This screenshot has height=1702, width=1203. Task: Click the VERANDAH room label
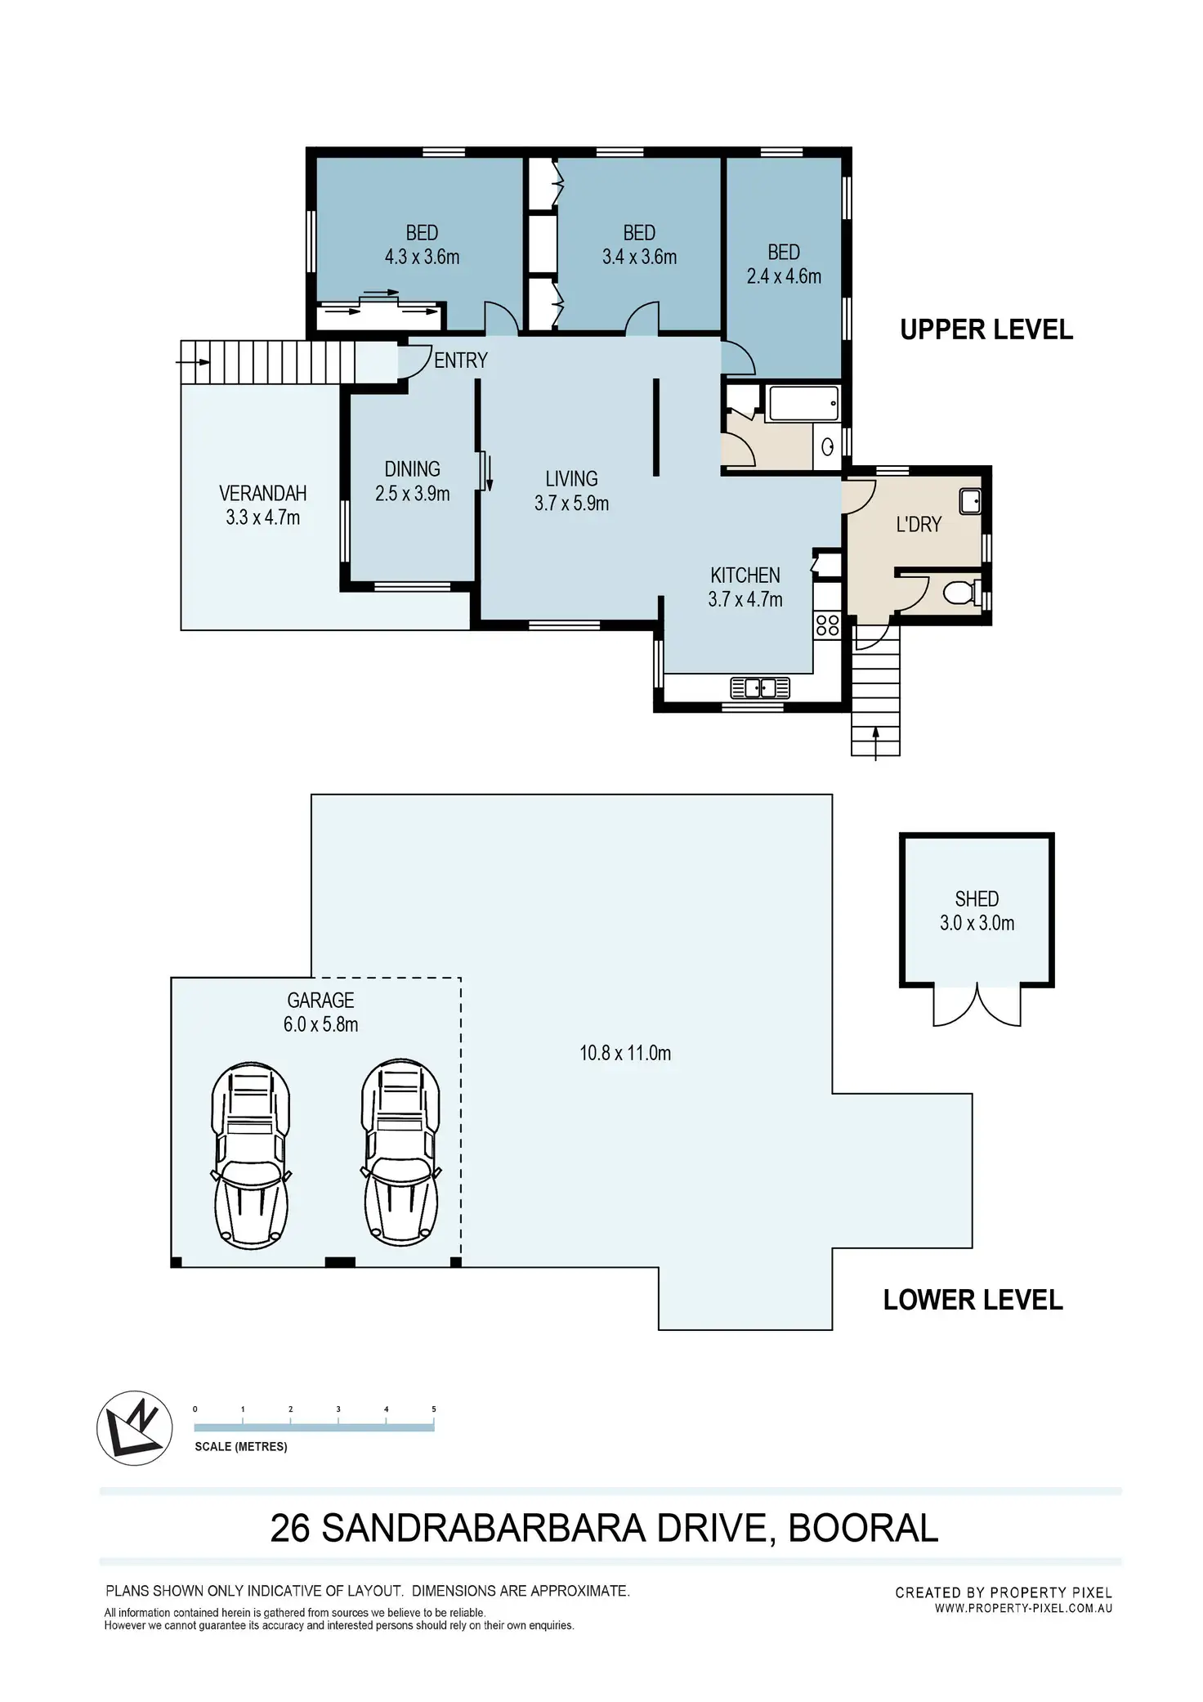click(263, 493)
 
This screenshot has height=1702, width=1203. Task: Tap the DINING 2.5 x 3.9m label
click(413, 481)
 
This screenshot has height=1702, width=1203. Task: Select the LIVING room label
click(572, 478)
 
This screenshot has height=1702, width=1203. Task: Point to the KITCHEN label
click(745, 575)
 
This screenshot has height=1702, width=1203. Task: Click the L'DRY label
click(919, 524)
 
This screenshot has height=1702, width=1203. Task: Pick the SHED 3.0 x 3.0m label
click(977, 911)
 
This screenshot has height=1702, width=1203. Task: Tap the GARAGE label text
click(320, 1000)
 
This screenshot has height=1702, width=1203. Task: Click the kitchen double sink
click(760, 688)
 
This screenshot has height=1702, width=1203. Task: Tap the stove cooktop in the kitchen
click(827, 625)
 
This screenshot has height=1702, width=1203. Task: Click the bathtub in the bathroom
click(803, 404)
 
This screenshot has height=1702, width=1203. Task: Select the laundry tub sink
click(970, 501)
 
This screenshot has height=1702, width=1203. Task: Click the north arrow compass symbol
click(135, 1428)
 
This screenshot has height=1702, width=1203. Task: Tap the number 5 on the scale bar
click(434, 1409)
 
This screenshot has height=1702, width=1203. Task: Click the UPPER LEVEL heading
click(986, 329)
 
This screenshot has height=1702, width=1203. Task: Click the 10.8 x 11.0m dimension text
click(625, 1053)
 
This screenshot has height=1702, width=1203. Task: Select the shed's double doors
click(977, 1005)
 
